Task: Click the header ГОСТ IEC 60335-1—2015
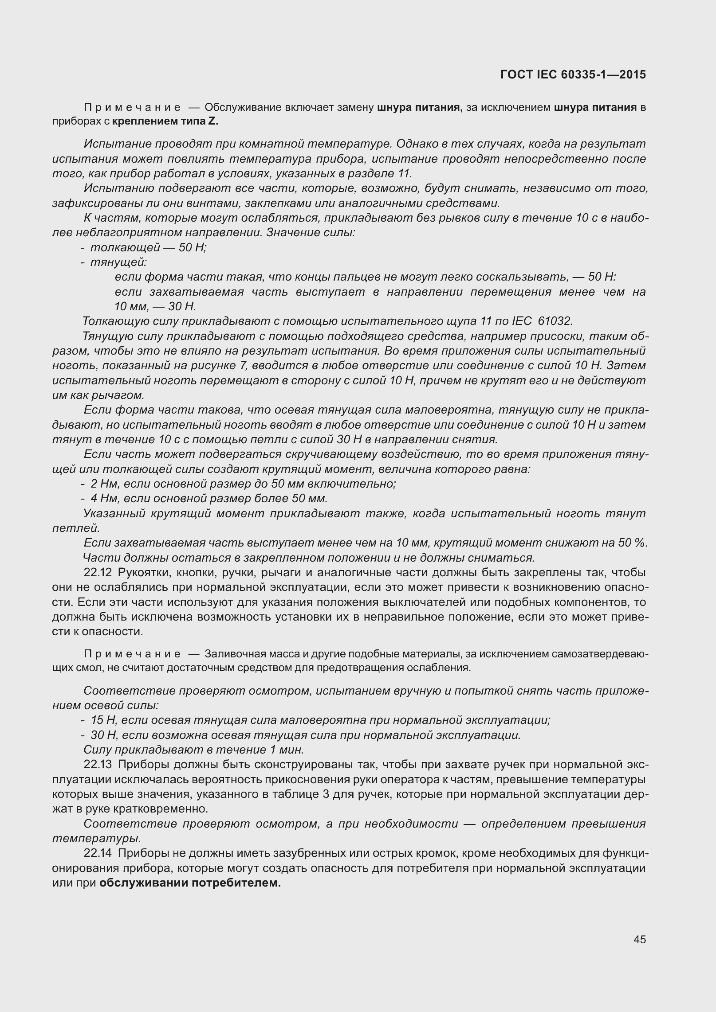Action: pos(573,74)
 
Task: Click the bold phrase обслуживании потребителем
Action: pos(190,883)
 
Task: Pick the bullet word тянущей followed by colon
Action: pos(118,262)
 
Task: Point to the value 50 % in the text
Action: pos(633,543)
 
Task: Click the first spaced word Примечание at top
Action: pos(132,107)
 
